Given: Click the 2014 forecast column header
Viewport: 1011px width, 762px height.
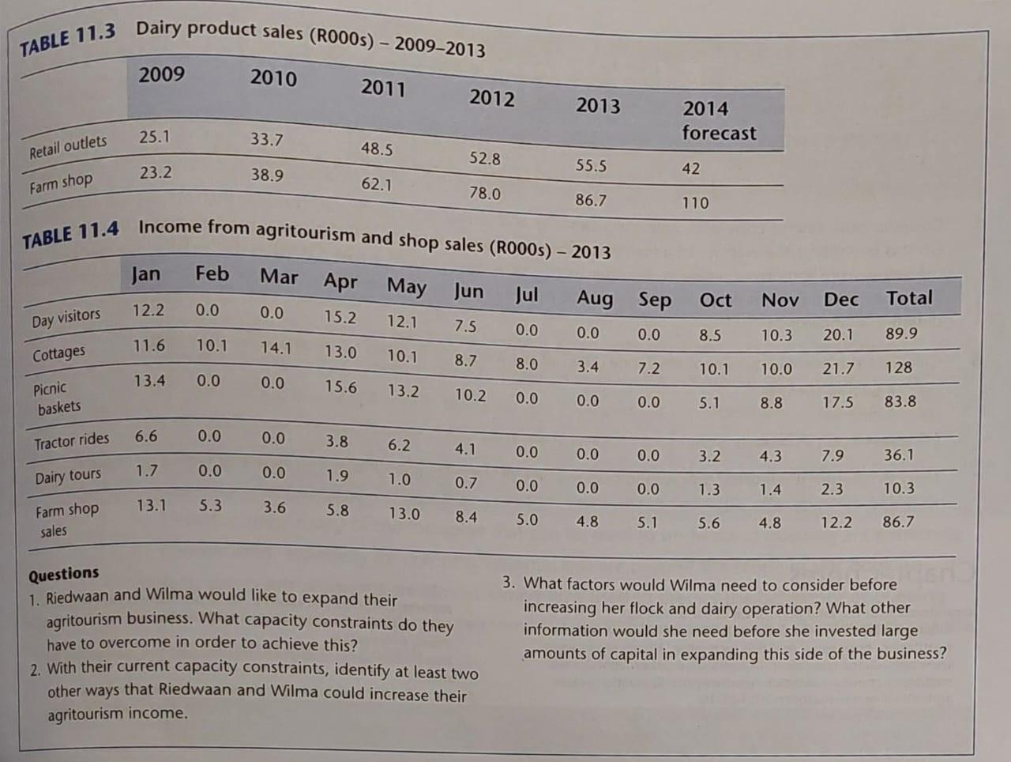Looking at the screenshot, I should pos(718,120).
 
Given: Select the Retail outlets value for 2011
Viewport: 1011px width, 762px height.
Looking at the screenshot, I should pos(377,149).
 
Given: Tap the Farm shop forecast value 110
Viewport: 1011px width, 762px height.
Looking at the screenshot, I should pos(695,202).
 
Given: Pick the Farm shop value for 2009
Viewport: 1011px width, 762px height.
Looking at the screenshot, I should pos(156,172).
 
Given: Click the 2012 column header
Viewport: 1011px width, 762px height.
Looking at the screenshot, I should pos(491,98).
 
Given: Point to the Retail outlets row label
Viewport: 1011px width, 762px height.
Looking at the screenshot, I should pos(68,146).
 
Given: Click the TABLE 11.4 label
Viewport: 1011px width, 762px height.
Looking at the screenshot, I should pos(70,235).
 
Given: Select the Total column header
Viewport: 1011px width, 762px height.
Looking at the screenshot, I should pos(908,298).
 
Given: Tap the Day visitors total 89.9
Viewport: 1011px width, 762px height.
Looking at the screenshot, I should pos(901,334).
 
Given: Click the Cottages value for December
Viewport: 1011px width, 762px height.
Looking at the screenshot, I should pos(837,368).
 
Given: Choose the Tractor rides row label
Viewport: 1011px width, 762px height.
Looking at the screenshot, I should pos(71,440).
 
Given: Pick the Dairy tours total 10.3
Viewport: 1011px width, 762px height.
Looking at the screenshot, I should pos(899,489).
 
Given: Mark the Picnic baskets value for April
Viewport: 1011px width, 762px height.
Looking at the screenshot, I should pos(340,387).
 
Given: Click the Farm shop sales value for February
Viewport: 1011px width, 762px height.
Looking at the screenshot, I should pos(210,505).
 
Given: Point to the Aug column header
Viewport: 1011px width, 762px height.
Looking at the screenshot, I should pos(594,298).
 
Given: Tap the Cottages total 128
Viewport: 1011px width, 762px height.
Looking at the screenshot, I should pos(898,368).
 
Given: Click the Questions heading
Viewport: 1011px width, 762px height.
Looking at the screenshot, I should pos(64,573).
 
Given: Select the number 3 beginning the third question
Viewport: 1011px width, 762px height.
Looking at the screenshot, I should pos(509,583).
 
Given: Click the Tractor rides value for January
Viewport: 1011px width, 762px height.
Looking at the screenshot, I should pos(146,436).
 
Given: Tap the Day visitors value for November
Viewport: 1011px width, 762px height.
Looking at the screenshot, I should pos(776,335).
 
